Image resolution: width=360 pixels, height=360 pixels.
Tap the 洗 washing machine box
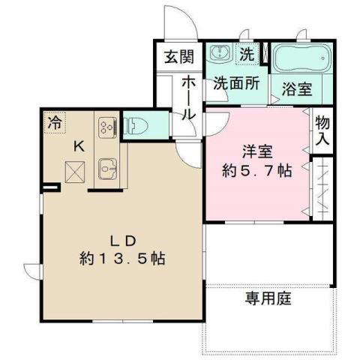[x=246, y=54]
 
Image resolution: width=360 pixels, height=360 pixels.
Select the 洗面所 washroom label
[x=236, y=84]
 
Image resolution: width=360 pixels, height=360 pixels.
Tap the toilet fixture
[x=137, y=124]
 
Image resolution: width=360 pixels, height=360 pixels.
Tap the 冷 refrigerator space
[x=55, y=120]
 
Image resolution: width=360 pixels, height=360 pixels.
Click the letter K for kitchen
[x=77, y=147]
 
